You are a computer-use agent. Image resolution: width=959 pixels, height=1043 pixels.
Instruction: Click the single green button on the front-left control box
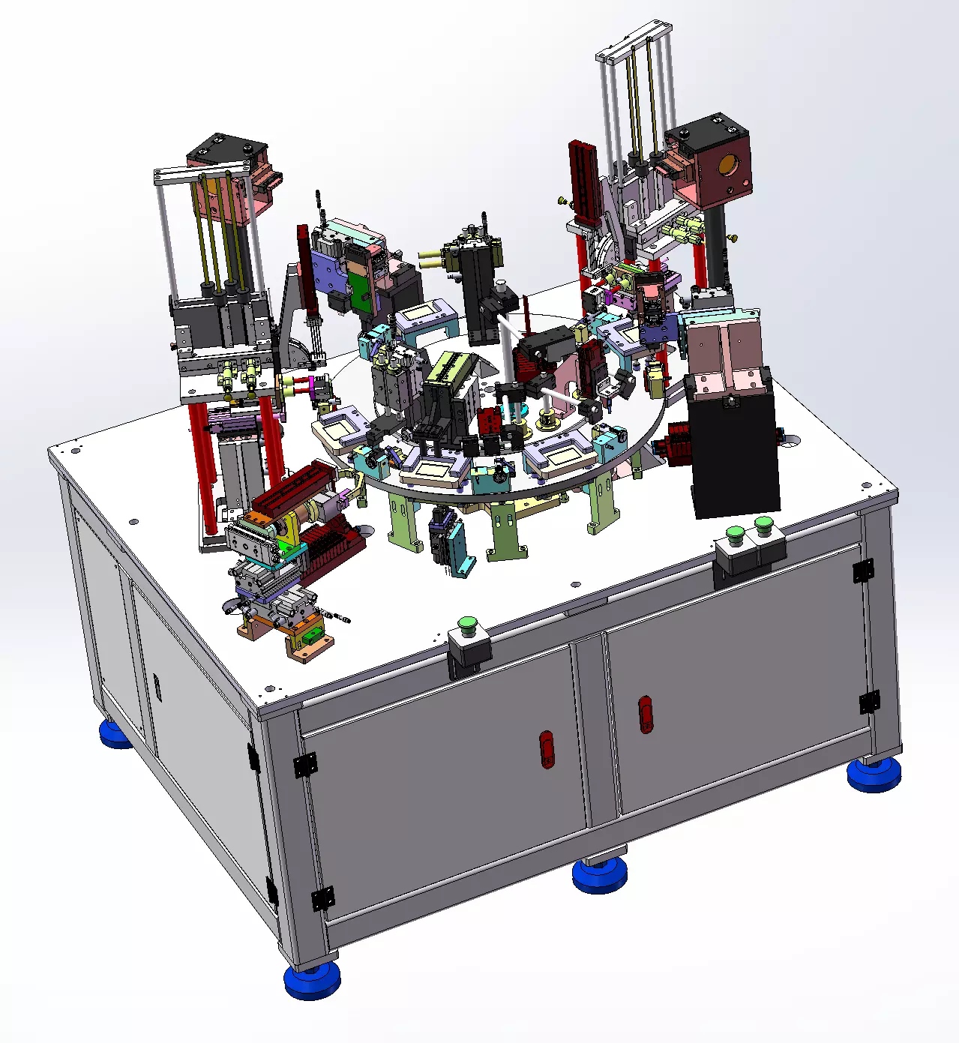point(468,623)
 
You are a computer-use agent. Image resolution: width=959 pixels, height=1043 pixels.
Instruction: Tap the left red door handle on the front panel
point(547,750)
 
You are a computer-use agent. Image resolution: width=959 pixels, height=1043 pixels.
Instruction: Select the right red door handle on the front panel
point(646,714)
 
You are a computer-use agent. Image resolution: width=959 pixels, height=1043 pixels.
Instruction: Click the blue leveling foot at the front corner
point(312,980)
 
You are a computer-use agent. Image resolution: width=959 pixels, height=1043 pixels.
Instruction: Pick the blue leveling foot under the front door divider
point(601,874)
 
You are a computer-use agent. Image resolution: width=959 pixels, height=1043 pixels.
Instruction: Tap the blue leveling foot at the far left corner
point(117,734)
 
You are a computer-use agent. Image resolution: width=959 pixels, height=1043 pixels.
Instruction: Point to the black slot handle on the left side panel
point(157,685)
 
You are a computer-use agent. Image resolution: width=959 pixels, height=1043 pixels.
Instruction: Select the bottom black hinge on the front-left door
point(323,898)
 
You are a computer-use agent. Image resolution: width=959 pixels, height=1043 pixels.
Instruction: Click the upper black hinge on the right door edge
point(863,571)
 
